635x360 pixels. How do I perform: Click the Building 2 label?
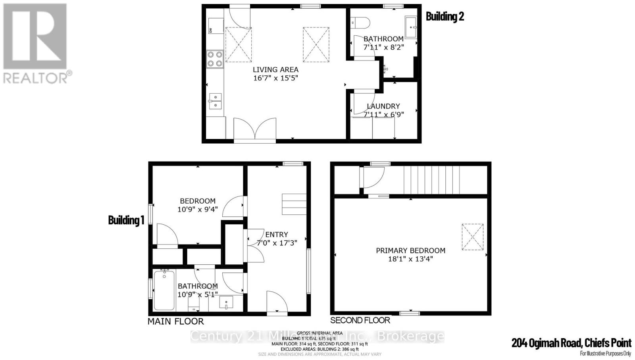[444, 16]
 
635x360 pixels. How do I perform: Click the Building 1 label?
[126, 220]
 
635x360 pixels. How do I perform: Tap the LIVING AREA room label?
[275, 69]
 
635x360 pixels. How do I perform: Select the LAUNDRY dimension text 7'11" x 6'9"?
[383, 115]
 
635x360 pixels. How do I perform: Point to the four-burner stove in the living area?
[215, 58]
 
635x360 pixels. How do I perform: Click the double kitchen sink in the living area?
[215, 101]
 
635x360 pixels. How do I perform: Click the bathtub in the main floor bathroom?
[164, 290]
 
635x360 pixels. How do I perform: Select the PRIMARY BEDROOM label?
[410, 250]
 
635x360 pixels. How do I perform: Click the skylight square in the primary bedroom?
[473, 237]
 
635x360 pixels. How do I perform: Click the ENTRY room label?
[277, 235]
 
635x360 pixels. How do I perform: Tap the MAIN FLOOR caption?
[175, 321]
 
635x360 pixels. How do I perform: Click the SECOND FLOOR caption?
[360, 320]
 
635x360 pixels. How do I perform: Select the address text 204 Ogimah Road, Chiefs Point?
[571, 343]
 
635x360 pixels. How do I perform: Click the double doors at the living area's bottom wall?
[254, 129]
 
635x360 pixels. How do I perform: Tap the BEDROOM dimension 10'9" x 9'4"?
[197, 209]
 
